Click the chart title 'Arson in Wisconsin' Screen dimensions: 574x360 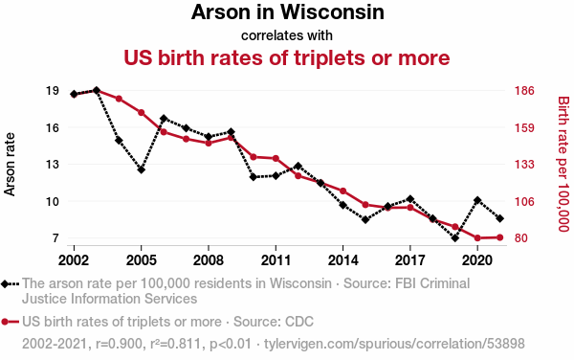pos(287,12)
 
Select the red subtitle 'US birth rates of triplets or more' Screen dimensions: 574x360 pos(287,57)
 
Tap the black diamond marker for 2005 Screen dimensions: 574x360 pos(142,169)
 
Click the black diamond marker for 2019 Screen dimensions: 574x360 pos(455,238)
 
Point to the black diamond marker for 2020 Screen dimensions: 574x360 pos(477,200)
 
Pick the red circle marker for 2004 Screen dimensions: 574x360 pos(119,99)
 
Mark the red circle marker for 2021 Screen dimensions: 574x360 pos(500,237)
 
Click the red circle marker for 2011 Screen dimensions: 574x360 pos(276,158)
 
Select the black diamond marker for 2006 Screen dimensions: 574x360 pos(164,119)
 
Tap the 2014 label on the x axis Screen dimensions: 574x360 pos(343,260)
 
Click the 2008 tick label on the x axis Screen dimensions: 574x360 pos(209,260)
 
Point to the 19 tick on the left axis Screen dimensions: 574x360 pos(53,90)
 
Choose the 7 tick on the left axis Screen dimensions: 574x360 pos(55,238)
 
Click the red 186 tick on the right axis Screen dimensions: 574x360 pos(524,90)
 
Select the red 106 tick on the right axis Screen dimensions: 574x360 pos(524,201)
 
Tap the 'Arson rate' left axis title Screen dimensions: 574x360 pos(10,165)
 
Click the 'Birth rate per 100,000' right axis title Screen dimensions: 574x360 pos(563,164)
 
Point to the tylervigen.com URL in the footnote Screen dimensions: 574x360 pos(394,344)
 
